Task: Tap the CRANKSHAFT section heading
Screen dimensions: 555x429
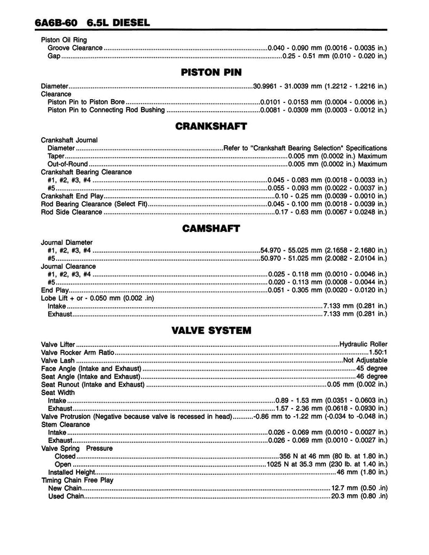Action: coord(211,126)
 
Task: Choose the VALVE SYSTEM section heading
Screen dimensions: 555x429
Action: coord(211,330)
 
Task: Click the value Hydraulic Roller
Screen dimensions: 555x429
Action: coord(363,344)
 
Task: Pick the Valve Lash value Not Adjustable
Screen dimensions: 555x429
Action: coord(365,360)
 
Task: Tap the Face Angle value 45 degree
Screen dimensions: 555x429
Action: coord(372,369)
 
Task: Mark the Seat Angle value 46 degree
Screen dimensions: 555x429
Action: coord(372,377)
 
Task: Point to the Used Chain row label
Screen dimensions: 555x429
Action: coord(66,496)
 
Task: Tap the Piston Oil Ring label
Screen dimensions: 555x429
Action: coord(64,40)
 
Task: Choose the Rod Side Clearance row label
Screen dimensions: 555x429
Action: coord(72,212)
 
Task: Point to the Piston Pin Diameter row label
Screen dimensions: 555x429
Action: coord(55,86)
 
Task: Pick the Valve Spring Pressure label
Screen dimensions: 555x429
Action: coord(77,448)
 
